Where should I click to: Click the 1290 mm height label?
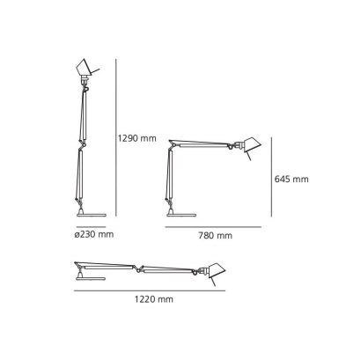tap(136, 137)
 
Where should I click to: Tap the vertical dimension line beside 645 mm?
tap(271, 178)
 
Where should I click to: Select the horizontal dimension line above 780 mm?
tap(214, 226)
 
